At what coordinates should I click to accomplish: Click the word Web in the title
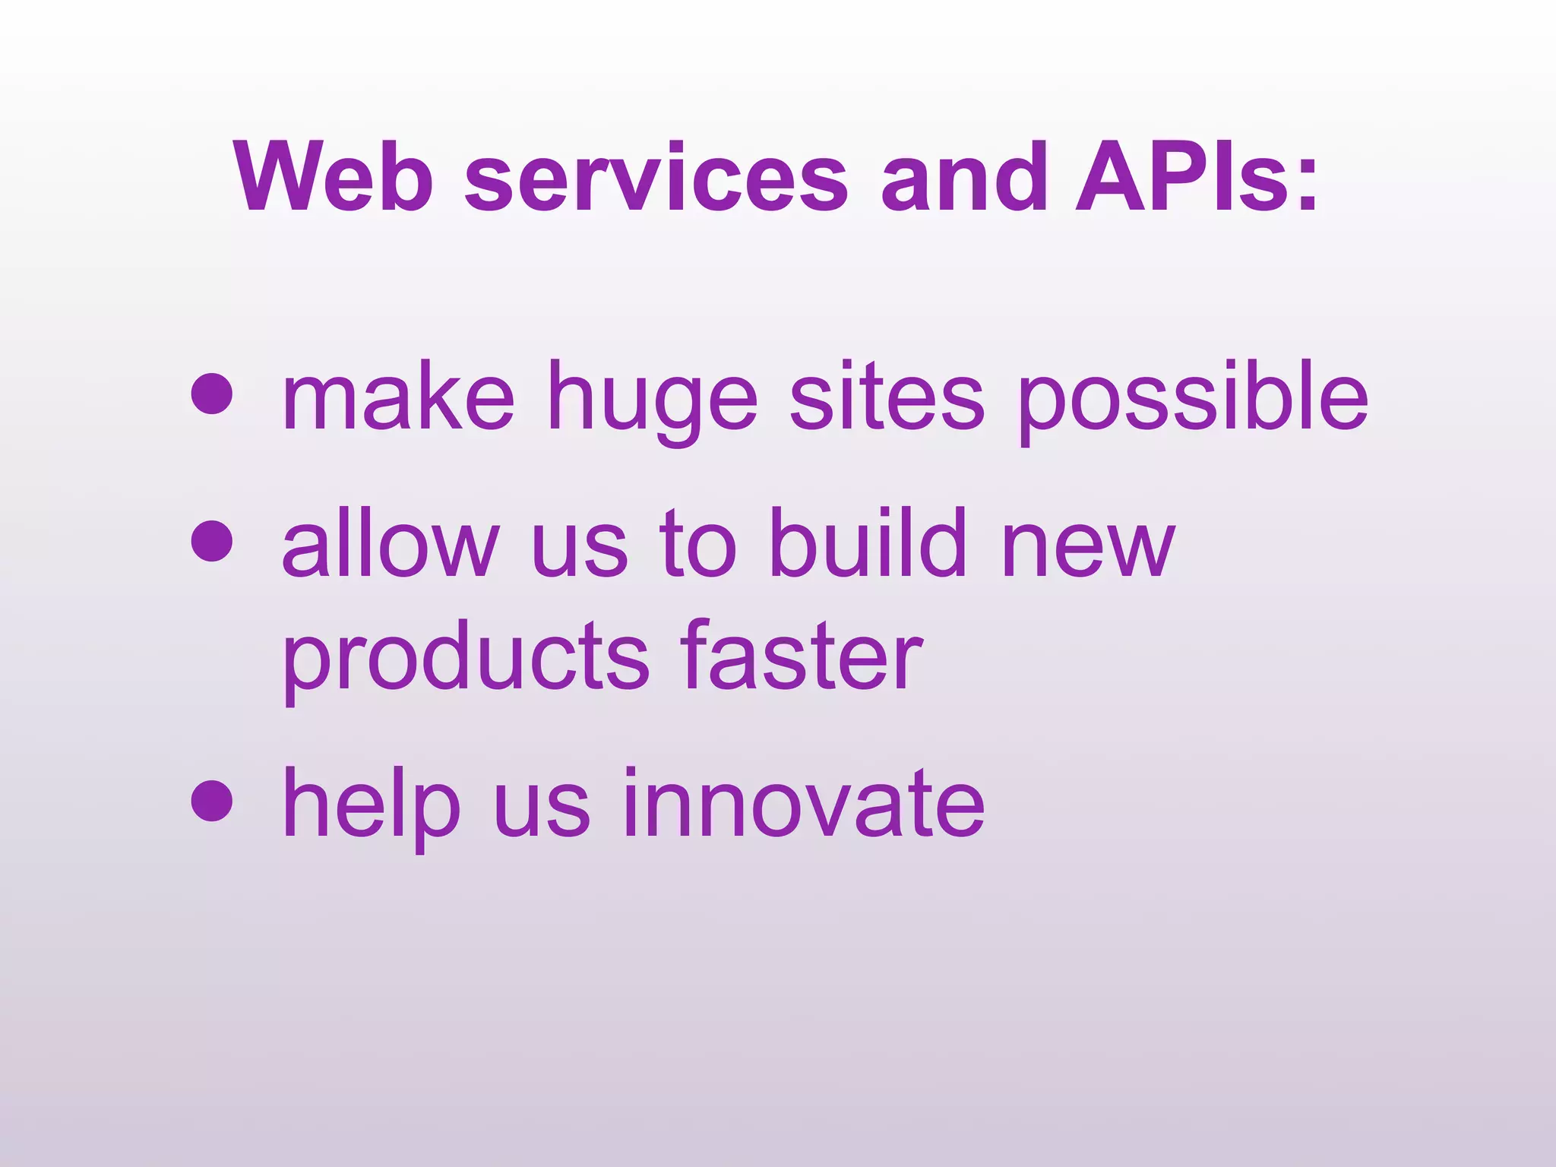(x=334, y=178)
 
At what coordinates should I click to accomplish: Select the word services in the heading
(x=656, y=178)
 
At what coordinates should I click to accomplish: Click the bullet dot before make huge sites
(x=211, y=394)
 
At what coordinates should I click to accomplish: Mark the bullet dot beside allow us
(x=211, y=540)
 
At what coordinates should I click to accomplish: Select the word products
(x=466, y=658)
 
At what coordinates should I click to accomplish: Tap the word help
(x=371, y=804)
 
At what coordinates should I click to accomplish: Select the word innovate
(x=803, y=804)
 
